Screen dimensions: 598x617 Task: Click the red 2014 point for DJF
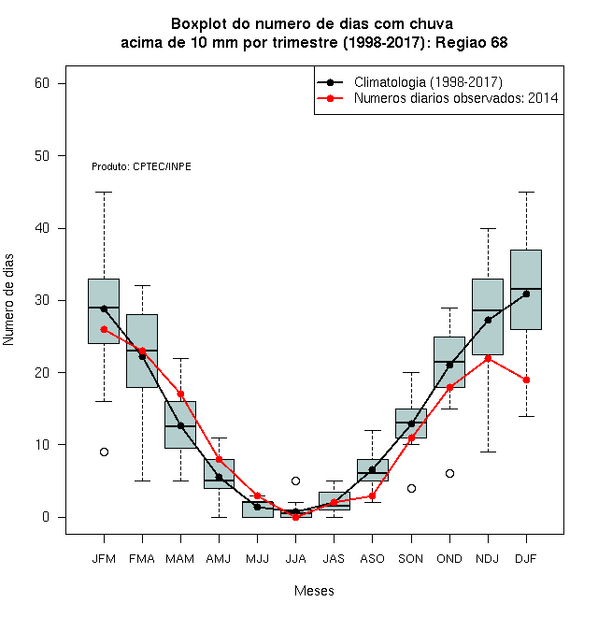pyautogui.click(x=526, y=380)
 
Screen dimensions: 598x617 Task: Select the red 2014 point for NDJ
pyautogui.click(x=489, y=358)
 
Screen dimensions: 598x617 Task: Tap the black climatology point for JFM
pyautogui.click(x=104, y=309)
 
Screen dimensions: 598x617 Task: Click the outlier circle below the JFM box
pyautogui.click(x=104, y=452)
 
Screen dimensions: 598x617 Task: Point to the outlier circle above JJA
pyautogui.click(x=296, y=481)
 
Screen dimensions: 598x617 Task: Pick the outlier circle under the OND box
pyautogui.click(x=449, y=473)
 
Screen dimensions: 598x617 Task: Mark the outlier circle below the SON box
pyautogui.click(x=411, y=488)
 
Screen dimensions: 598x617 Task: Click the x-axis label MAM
pyautogui.click(x=180, y=559)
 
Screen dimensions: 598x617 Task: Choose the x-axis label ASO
pyautogui.click(x=372, y=559)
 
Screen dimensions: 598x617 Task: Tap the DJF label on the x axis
pyautogui.click(x=526, y=559)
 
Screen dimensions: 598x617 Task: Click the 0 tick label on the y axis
pyautogui.click(x=46, y=517)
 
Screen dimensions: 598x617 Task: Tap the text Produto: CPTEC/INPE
pyautogui.click(x=141, y=166)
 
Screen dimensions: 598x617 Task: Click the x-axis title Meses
pyautogui.click(x=314, y=591)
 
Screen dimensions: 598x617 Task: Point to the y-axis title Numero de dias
pyautogui.click(x=8, y=300)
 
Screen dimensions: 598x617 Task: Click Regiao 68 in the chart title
pyautogui.click(x=472, y=42)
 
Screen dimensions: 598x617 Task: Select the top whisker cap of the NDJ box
pyautogui.click(x=489, y=228)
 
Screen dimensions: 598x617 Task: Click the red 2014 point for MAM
pyautogui.click(x=180, y=394)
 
